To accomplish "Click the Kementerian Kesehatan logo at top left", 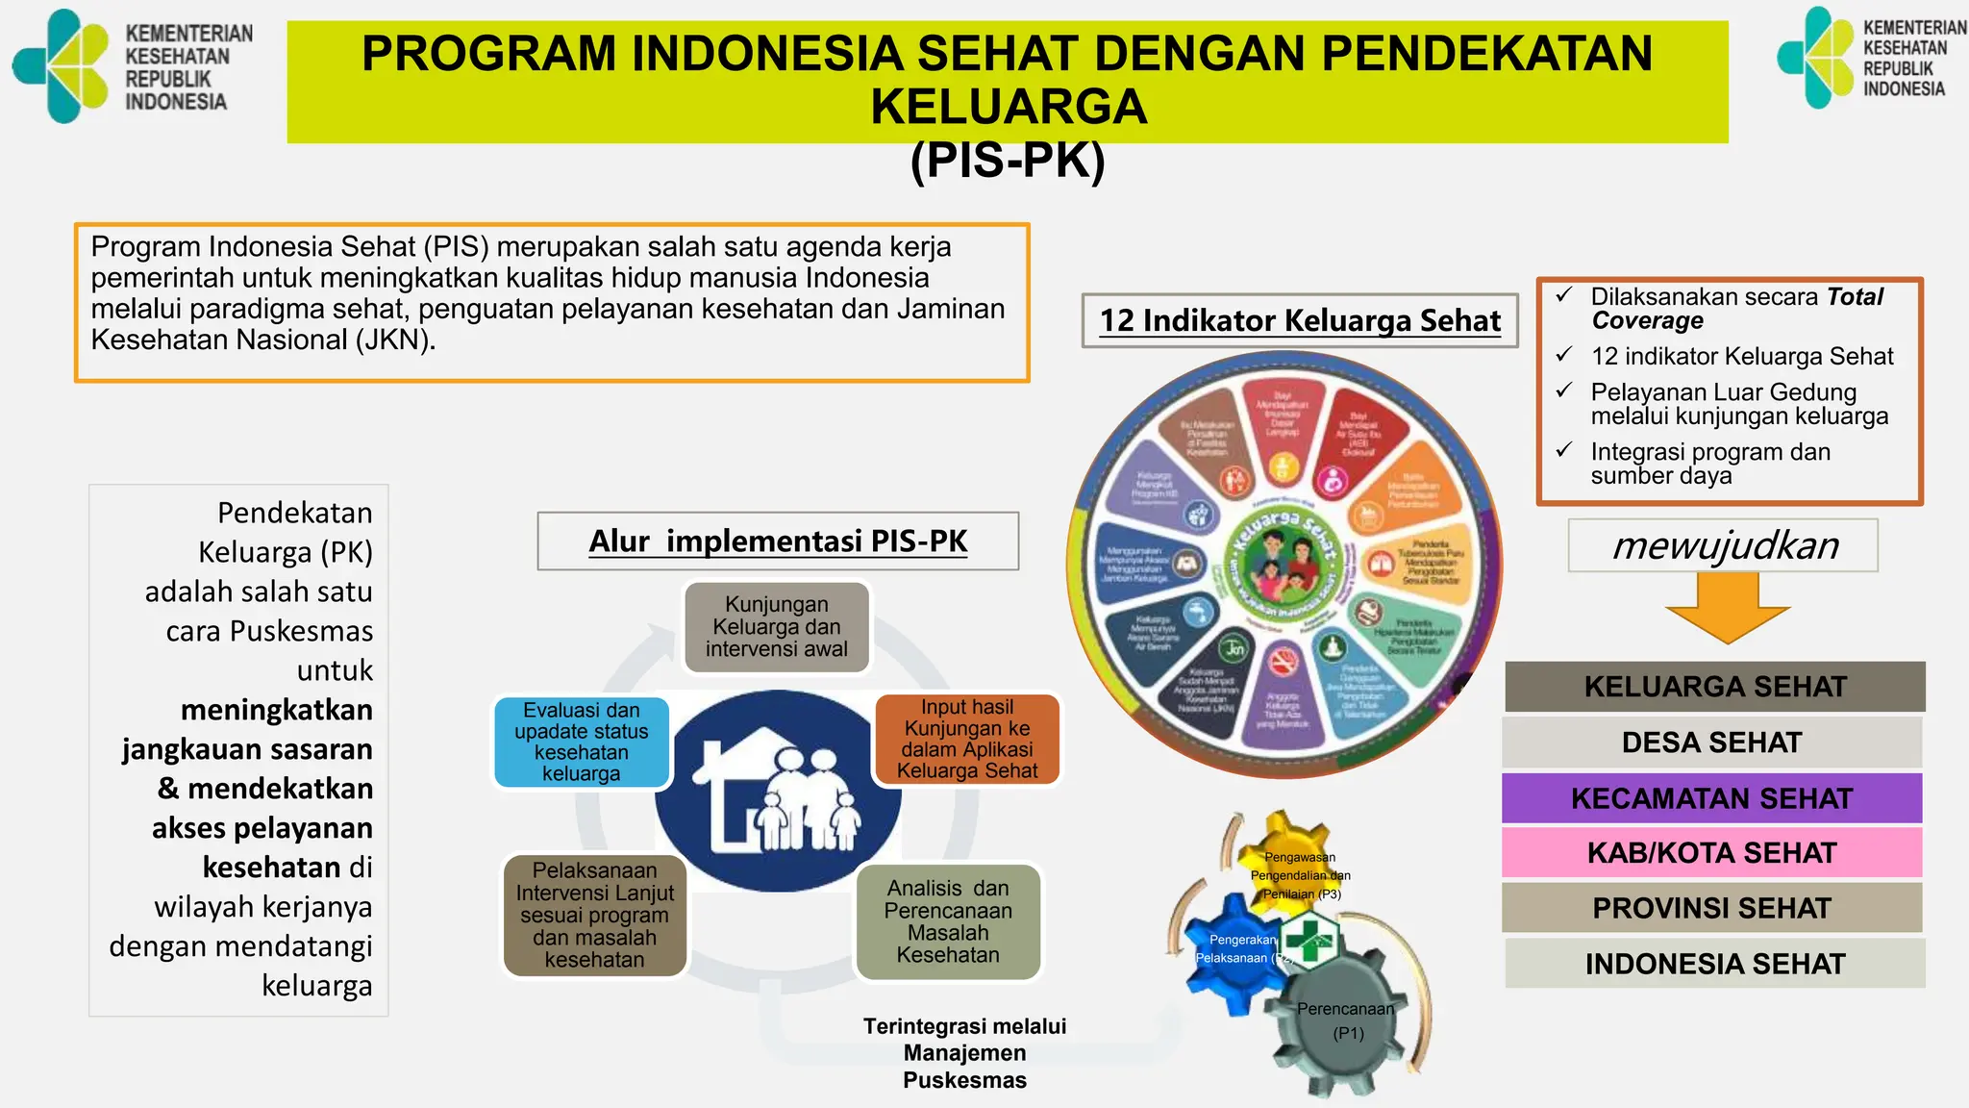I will [x=62, y=65].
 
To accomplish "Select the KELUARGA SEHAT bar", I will [x=1715, y=687].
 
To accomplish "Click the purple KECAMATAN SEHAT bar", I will [x=1711, y=798].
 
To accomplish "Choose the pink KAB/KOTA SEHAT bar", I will [x=1711, y=853].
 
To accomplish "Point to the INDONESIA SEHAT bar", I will [x=1715, y=964].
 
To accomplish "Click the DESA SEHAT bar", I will [x=1711, y=743].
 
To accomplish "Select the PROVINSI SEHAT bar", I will [x=1711, y=908].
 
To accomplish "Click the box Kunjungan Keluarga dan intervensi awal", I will [x=777, y=627].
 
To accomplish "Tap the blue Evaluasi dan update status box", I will [x=582, y=742].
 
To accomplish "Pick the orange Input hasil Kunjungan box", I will [x=967, y=739].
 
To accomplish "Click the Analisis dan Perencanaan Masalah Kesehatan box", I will [x=948, y=921].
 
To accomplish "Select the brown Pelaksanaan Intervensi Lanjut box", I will [x=595, y=915].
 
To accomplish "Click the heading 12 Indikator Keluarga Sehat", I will [x=1300, y=320].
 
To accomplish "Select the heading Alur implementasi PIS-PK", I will [x=778, y=541].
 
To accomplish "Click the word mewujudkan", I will [x=1725, y=545].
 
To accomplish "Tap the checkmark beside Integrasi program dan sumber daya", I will [x=1564, y=450].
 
